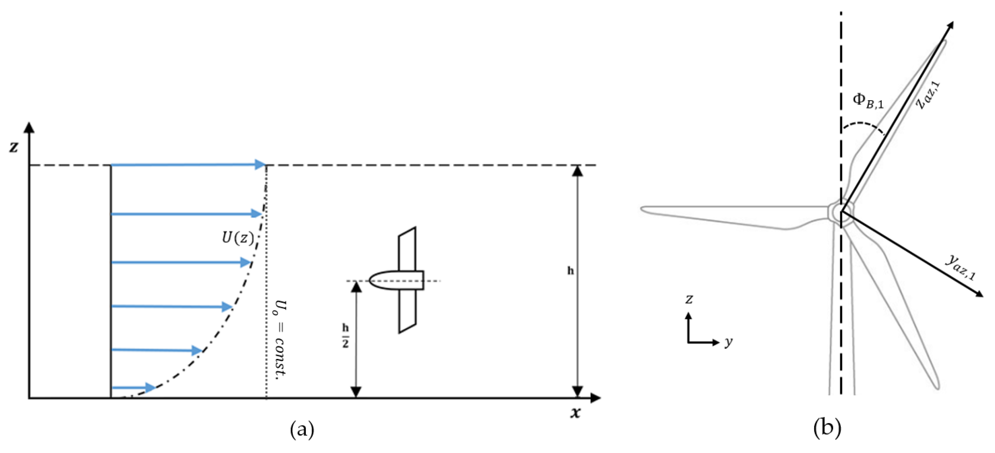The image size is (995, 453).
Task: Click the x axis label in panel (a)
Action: (x=576, y=413)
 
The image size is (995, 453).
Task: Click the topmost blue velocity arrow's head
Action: (x=261, y=165)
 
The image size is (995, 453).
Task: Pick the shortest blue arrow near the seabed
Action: (x=133, y=387)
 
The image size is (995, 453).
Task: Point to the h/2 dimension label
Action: (x=345, y=336)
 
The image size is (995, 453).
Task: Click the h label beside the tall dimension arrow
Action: (x=571, y=271)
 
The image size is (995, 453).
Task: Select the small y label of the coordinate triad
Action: (x=728, y=342)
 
